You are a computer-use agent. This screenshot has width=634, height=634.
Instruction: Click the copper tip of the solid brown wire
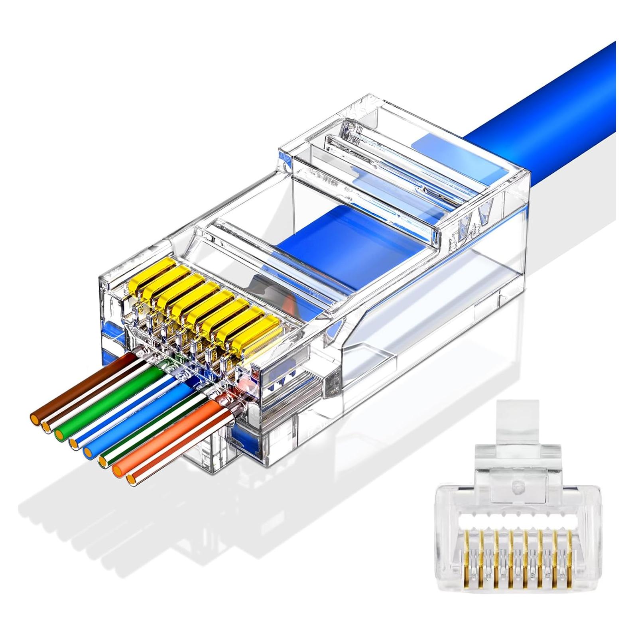coord(35,419)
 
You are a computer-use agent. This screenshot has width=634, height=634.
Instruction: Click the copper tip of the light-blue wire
coord(89,452)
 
